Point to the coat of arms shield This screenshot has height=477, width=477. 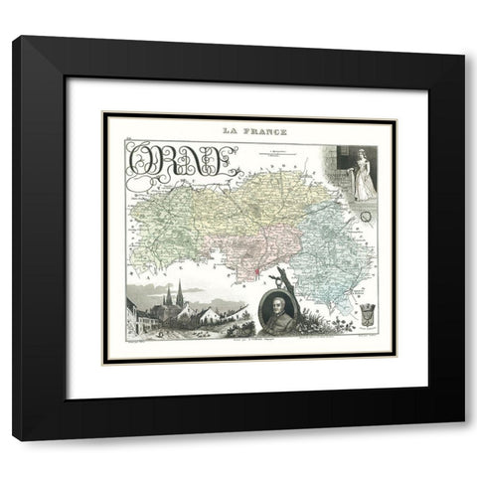tap(366, 313)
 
